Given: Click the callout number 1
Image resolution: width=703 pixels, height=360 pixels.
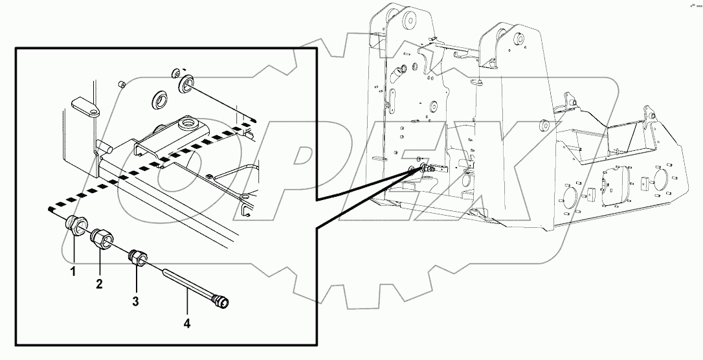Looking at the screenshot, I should (73, 272).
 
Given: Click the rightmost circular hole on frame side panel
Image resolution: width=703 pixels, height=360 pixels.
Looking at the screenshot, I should (662, 178).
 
